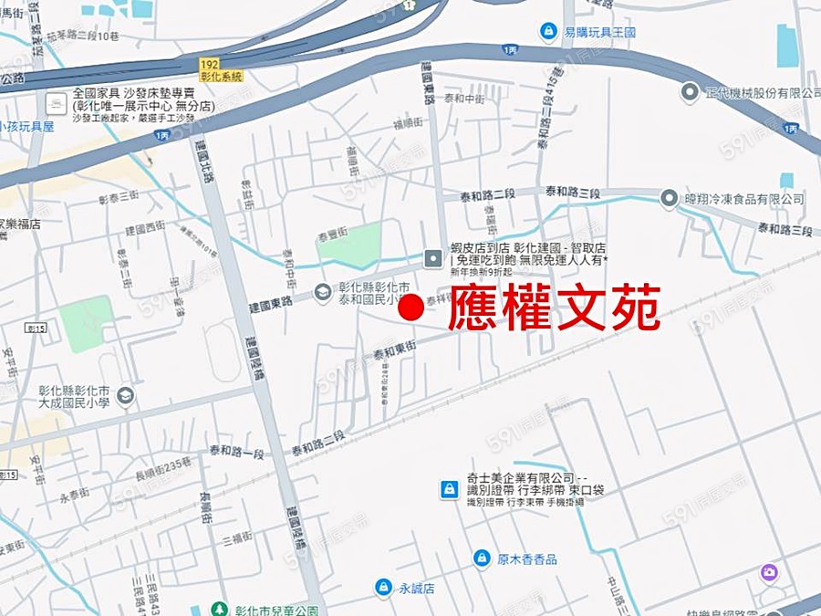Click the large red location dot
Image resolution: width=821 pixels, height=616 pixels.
coord(411,309)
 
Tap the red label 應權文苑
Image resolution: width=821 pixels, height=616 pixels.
coord(554,309)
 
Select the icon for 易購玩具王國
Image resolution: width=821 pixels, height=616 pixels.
coord(548,32)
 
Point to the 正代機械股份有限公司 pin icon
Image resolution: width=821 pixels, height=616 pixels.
coord(691,93)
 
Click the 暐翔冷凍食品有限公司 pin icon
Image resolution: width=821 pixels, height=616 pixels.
coord(670,198)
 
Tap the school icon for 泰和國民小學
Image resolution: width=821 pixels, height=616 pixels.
coord(322,292)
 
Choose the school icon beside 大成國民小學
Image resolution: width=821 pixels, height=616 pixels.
coord(125,396)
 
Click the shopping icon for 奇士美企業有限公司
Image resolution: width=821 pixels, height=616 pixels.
coord(448,489)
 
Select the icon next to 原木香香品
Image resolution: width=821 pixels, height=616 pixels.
coord(482,558)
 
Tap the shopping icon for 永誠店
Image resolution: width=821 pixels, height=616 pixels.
coord(384,588)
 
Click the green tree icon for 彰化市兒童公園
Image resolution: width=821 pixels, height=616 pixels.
coord(219,609)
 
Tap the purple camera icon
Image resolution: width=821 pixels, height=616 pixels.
coord(769,573)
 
